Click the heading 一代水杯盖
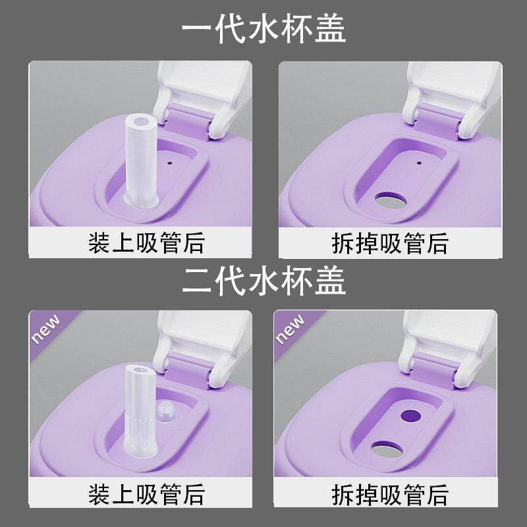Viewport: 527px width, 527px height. pos(263,29)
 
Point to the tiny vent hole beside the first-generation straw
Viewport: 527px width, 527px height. pos(169,160)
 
